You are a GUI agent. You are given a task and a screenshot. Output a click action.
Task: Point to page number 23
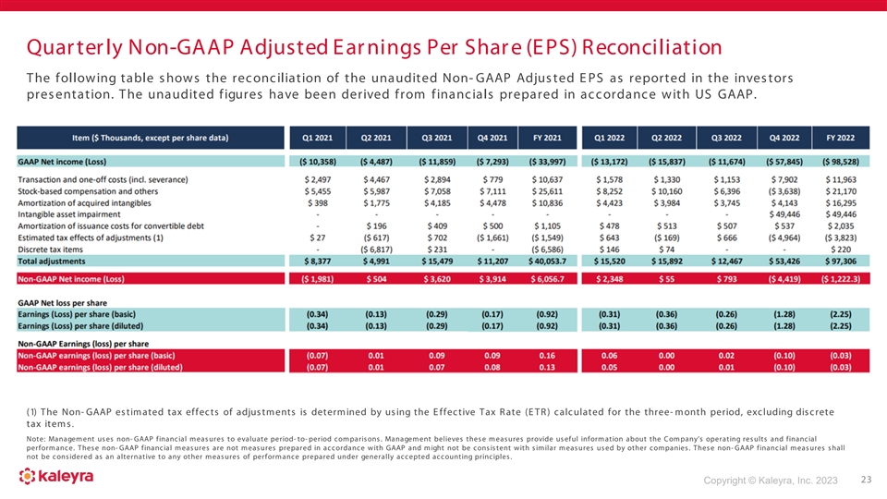pyautogui.click(x=865, y=480)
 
